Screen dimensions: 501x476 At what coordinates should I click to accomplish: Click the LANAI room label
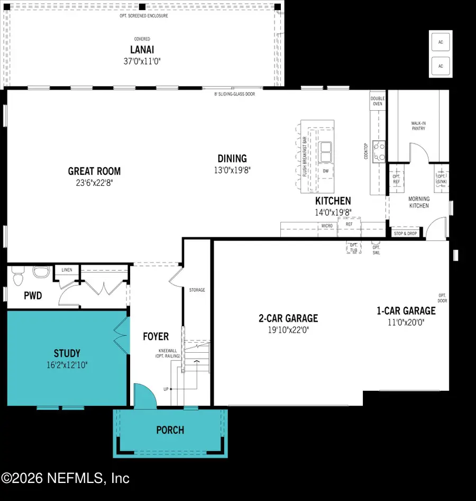142,50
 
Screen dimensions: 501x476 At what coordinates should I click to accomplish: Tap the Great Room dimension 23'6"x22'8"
94,182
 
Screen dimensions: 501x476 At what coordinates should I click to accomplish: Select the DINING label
232,158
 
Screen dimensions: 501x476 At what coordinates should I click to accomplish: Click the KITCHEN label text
333,201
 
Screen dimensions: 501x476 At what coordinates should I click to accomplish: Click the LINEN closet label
67,270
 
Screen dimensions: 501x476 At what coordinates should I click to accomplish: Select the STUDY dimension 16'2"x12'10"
67,364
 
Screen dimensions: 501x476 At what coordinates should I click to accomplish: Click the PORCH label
170,430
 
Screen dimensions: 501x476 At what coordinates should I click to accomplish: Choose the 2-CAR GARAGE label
288,318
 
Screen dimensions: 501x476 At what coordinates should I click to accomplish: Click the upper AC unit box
440,41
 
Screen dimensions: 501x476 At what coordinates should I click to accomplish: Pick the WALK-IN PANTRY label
418,126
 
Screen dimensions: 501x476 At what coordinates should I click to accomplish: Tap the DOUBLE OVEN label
378,101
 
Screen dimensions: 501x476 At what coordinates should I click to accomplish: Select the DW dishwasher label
325,171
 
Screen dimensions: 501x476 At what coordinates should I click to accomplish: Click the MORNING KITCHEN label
418,202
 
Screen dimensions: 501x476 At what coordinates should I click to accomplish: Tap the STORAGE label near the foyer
197,290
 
